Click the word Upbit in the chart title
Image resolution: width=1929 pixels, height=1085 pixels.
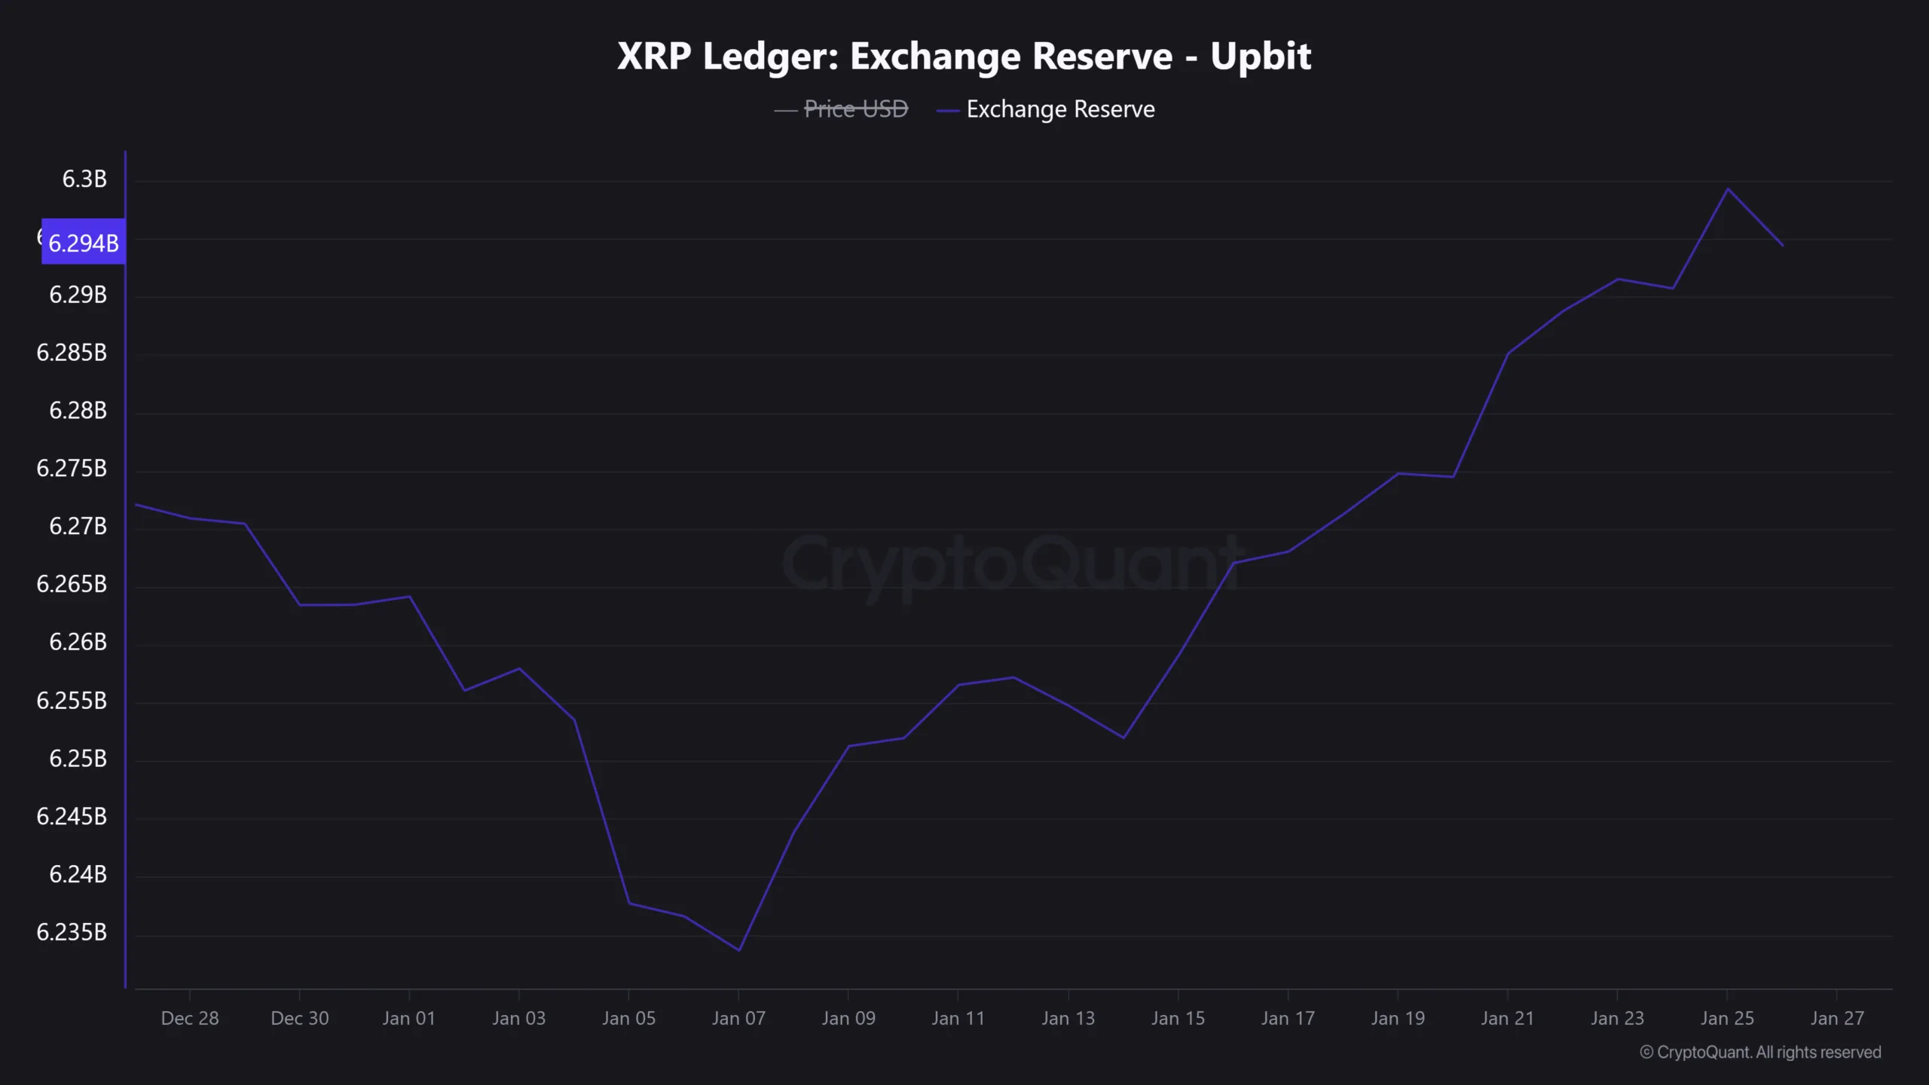[x=1261, y=57]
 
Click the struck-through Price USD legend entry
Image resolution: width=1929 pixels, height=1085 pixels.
[x=855, y=109]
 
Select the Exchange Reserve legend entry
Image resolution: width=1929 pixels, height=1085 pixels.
[x=1059, y=109]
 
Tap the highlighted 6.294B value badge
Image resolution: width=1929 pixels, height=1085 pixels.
[x=83, y=243]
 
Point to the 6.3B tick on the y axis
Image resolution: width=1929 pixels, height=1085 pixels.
[x=84, y=179]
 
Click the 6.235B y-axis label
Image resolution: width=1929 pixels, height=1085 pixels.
[x=72, y=932]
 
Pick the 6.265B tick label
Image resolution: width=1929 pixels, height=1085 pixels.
[x=72, y=584]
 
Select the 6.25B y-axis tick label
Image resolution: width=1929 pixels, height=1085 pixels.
[x=78, y=758]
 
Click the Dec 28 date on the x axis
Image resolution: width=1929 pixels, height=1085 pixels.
[x=190, y=1018]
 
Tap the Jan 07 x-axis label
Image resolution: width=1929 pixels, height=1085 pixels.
[x=738, y=1018]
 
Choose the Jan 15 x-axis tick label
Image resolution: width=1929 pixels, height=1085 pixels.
[x=1178, y=1018]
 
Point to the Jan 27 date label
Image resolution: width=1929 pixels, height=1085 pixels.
[x=1837, y=1018]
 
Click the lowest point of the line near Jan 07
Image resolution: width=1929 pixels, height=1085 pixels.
[x=738, y=950]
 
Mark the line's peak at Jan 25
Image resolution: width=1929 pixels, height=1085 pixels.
[x=1727, y=188]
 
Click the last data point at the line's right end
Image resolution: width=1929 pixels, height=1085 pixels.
[x=1782, y=246]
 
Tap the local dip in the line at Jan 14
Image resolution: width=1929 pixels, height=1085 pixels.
[x=1123, y=738]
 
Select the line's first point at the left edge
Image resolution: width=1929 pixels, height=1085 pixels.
[x=136, y=505]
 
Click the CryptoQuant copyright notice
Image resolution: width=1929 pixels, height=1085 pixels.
[x=1760, y=1052]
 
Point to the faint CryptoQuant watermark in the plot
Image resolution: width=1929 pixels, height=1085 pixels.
[x=1010, y=564]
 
